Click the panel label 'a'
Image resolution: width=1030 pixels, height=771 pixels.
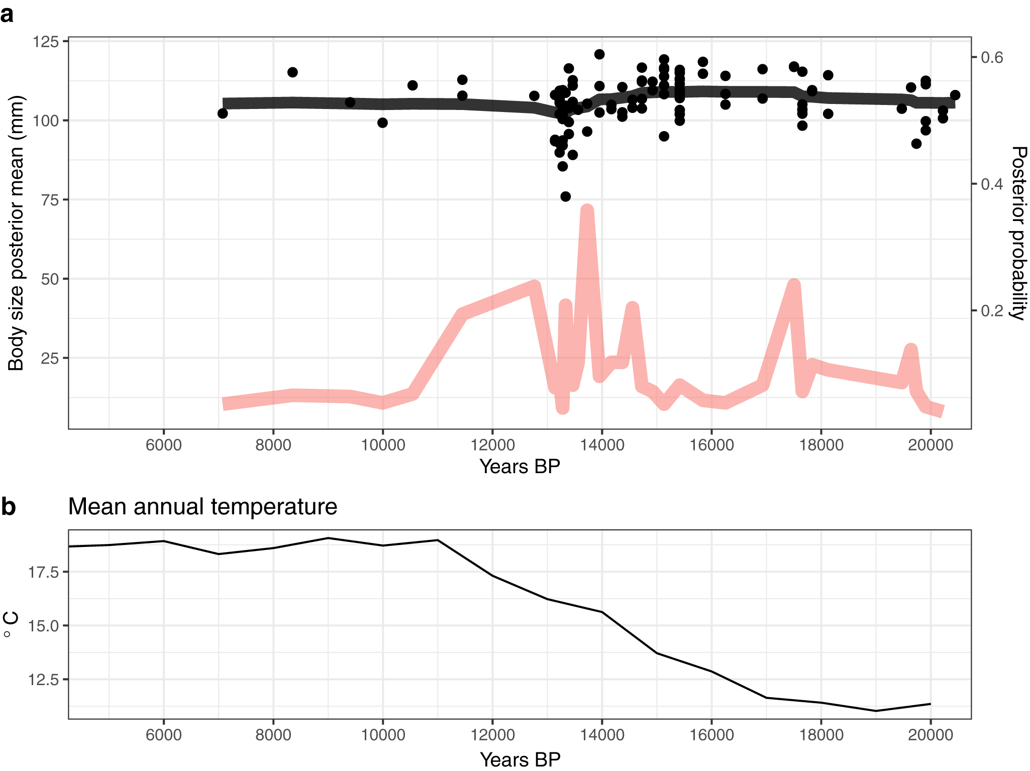pos(7,15)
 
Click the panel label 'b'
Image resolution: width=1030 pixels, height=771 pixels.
pos(8,507)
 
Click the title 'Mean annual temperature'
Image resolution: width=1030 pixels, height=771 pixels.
pos(202,506)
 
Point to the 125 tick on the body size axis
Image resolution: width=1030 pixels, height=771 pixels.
pos(46,41)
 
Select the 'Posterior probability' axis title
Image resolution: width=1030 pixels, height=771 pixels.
pos(1018,233)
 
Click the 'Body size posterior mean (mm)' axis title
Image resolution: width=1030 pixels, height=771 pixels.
pos(16,233)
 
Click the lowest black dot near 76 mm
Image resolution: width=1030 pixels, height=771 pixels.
pos(565,196)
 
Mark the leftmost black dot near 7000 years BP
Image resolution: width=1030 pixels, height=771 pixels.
pos(223,114)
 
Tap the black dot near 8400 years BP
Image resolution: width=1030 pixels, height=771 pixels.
pos(292,72)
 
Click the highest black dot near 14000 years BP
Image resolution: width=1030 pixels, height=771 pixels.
pos(599,54)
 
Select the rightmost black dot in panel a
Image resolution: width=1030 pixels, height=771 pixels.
pos(955,95)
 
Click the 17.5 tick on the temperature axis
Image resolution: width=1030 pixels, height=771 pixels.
pos(44,572)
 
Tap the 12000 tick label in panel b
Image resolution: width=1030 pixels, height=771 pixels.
pos(492,735)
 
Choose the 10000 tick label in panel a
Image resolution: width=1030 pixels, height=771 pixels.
pos(383,445)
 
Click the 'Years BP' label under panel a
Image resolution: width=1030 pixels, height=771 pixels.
pos(520,467)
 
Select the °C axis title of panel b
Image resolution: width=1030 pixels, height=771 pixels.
pos(11,624)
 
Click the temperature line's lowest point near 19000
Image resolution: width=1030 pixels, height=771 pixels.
pos(876,711)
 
